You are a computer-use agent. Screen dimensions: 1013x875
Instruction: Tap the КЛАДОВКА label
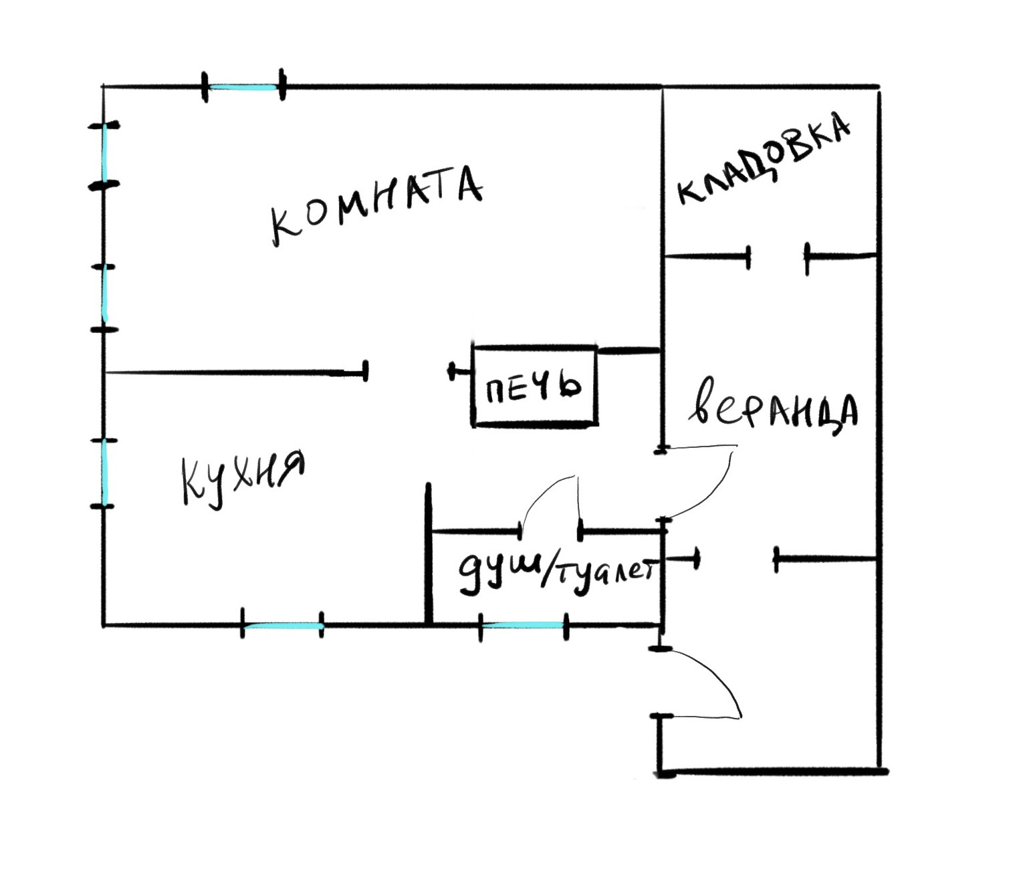(764, 160)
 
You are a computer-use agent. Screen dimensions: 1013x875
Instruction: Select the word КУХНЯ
(242, 477)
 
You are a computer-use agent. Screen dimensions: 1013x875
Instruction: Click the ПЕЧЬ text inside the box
(533, 387)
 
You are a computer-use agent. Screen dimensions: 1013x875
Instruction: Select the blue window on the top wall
(243, 87)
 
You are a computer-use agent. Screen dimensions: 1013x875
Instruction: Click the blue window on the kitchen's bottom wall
(282, 626)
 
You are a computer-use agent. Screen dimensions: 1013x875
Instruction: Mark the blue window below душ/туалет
(523, 625)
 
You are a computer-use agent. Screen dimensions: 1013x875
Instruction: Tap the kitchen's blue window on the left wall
(104, 473)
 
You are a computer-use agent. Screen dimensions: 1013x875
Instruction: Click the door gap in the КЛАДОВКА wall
(777, 255)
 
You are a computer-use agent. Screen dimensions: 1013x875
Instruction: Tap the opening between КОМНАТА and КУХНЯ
(408, 371)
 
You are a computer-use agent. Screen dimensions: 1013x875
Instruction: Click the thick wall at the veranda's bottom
(769, 771)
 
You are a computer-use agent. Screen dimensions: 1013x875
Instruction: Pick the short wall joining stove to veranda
(628, 350)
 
